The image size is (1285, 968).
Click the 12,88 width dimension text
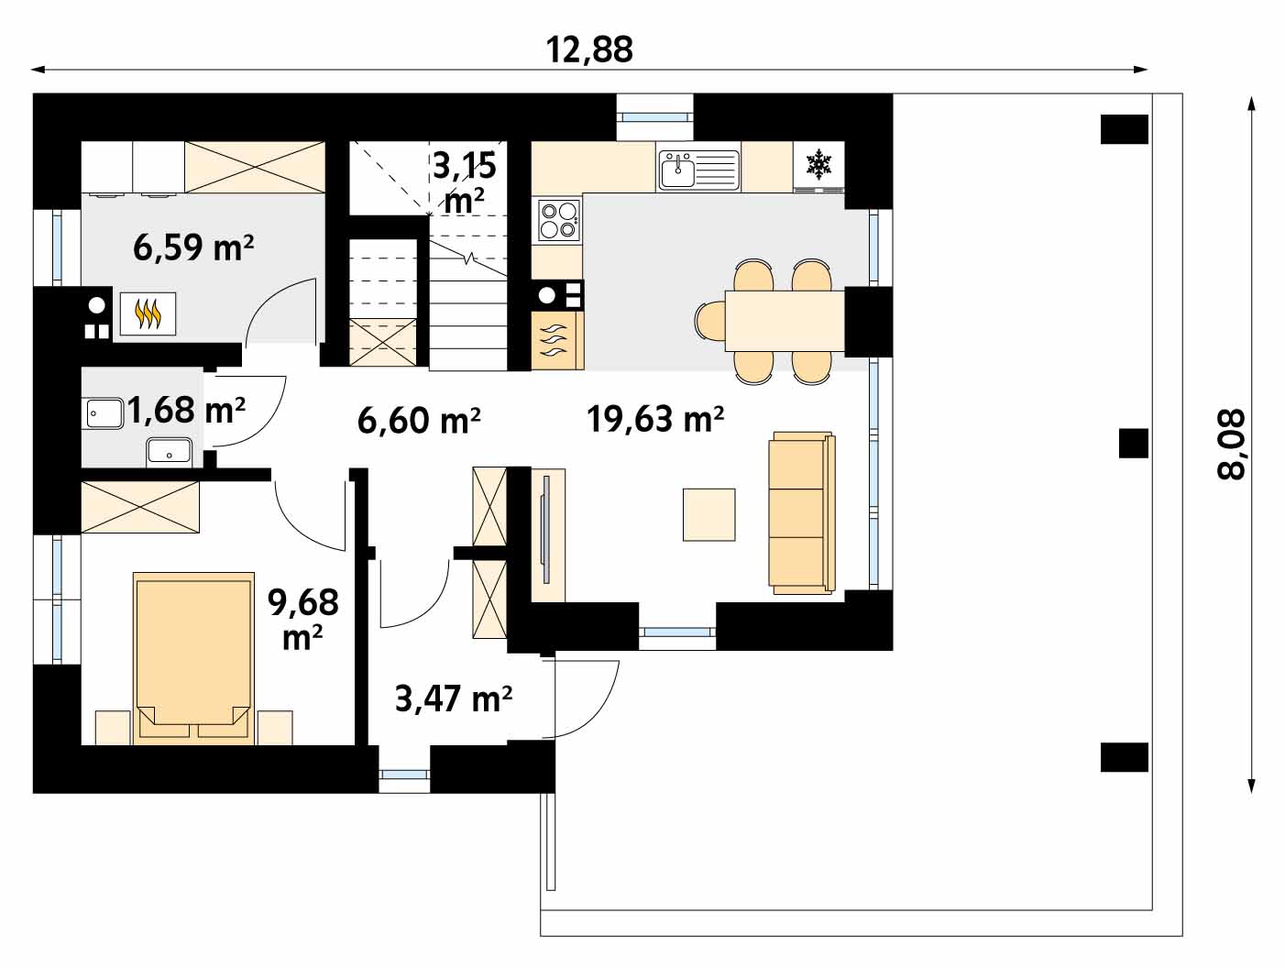coord(589,50)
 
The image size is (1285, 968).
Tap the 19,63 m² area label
coord(655,419)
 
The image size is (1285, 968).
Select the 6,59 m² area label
coord(193,247)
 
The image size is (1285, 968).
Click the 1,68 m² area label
coord(185,409)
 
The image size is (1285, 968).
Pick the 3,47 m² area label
coord(454,698)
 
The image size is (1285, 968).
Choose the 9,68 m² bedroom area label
coord(303,619)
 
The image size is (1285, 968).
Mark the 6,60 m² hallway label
coord(419,420)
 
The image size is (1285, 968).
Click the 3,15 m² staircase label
coord(465,182)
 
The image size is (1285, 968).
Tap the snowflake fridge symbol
coord(818,164)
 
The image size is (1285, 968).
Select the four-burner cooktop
coord(559,219)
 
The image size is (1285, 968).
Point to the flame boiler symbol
coord(148,313)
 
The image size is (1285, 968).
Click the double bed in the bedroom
coord(193,658)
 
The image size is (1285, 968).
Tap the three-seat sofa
coord(801,512)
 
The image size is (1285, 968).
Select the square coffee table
coord(708,514)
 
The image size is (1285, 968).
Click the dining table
coord(785,321)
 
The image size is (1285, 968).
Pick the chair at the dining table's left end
coord(710,321)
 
